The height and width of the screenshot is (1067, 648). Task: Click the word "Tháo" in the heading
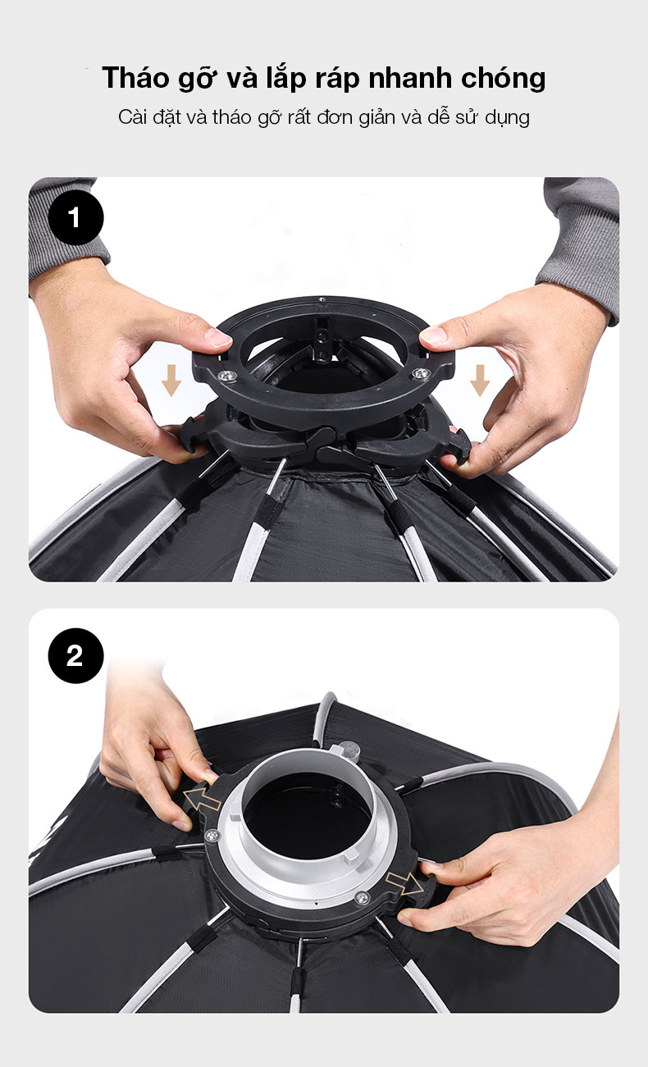tap(135, 78)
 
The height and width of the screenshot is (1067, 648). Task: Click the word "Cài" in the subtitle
tap(133, 116)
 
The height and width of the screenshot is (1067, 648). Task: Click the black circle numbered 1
tap(75, 217)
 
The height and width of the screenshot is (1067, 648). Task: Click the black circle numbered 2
tap(75, 656)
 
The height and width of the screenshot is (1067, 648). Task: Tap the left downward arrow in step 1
tap(171, 380)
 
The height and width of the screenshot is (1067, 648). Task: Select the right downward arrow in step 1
tap(479, 380)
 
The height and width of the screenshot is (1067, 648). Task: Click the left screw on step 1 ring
tap(225, 376)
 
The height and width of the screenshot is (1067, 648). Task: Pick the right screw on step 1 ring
tap(420, 373)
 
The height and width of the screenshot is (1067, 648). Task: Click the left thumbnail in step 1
tap(218, 337)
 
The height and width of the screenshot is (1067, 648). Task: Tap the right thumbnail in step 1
tap(434, 335)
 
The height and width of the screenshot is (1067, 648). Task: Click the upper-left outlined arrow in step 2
tap(202, 799)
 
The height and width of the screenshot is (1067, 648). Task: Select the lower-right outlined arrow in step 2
tap(404, 881)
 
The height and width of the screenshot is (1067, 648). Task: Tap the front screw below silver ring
tap(362, 897)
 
